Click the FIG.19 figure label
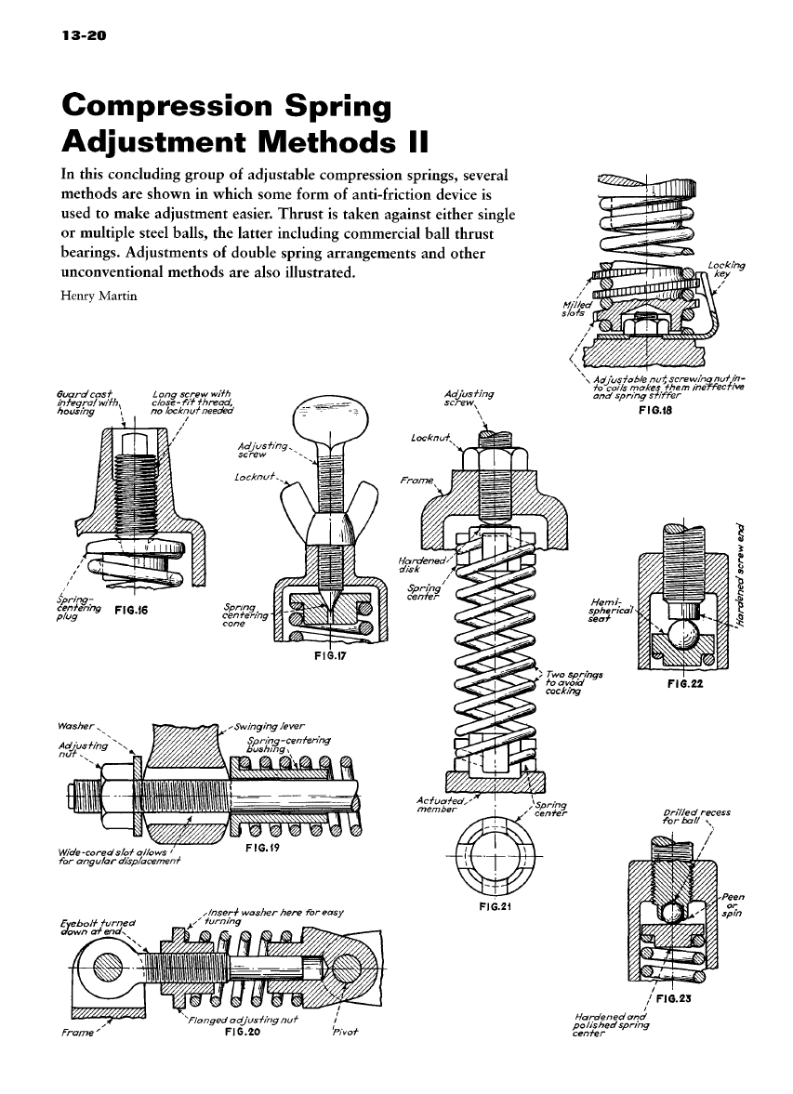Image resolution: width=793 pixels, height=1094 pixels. coord(266,849)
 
